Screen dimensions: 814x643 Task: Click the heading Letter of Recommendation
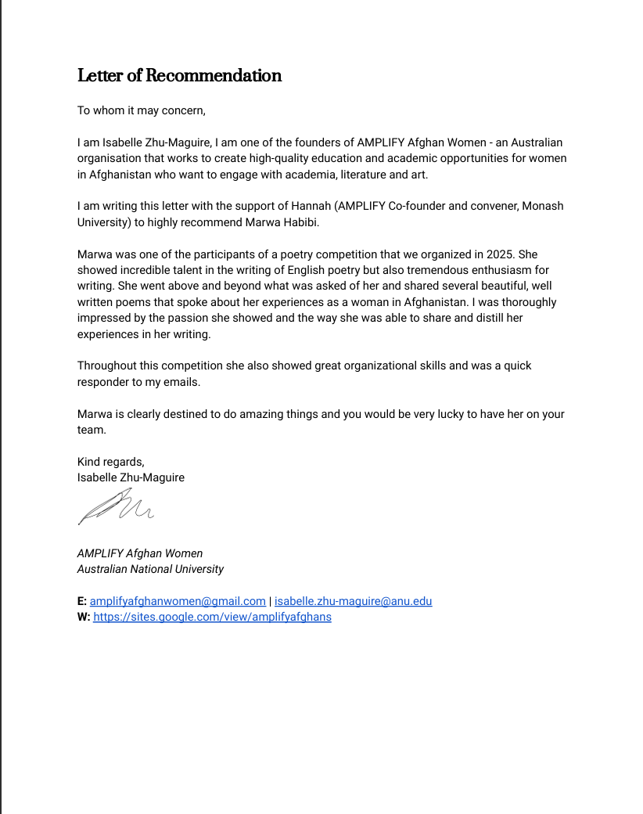click(x=179, y=76)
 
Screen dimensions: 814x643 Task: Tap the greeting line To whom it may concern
click(x=141, y=110)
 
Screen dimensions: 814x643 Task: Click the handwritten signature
click(x=116, y=505)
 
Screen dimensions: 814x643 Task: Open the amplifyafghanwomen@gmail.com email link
click(x=178, y=601)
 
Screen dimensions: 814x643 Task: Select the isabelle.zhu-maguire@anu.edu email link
click(x=353, y=601)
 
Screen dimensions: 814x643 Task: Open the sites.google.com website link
click(x=212, y=617)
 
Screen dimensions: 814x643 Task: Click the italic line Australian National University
click(x=150, y=569)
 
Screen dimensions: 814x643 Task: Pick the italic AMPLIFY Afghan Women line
click(x=139, y=553)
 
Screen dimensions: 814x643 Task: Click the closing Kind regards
click(x=110, y=462)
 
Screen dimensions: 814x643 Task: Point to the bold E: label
click(x=82, y=601)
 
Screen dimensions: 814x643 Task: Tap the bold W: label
click(x=84, y=617)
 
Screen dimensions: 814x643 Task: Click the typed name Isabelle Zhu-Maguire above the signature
click(x=131, y=477)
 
